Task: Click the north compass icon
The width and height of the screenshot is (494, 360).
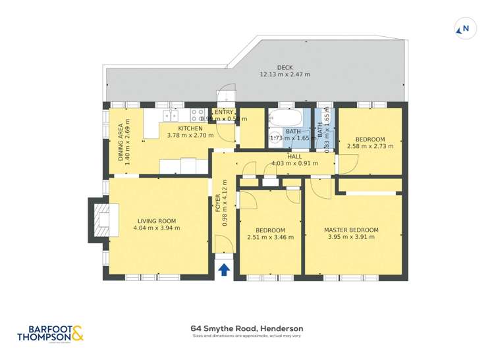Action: [462, 29]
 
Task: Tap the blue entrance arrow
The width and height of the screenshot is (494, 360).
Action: [224, 269]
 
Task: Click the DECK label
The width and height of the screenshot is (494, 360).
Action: [285, 67]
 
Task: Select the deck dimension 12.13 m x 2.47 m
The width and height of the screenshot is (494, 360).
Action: [285, 74]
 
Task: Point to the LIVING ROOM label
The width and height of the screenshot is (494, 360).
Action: [156, 220]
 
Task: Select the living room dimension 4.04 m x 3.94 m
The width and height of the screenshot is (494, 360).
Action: [156, 228]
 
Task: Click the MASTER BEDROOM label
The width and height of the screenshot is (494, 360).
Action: [351, 230]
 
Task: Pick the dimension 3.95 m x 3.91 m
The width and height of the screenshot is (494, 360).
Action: [351, 237]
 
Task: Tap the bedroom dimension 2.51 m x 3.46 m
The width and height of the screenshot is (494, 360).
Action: [270, 237]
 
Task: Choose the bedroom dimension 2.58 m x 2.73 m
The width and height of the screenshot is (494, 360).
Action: [370, 146]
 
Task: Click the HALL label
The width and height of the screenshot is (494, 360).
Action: [294, 157]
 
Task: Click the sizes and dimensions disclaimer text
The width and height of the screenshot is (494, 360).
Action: [246, 336]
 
